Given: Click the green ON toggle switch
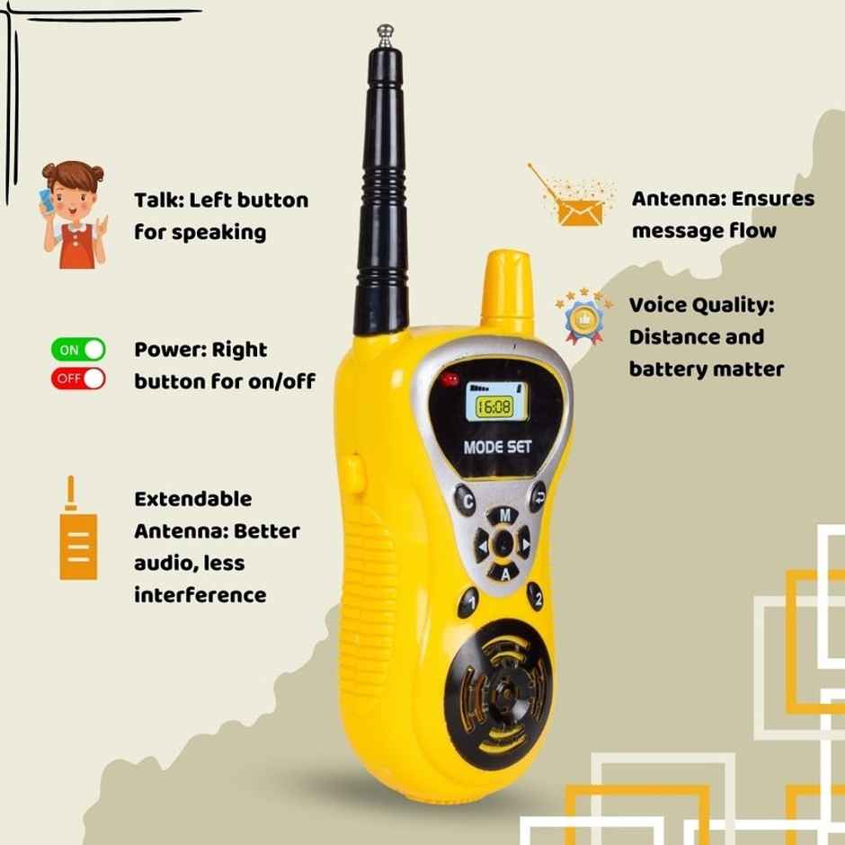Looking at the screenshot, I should (x=78, y=350).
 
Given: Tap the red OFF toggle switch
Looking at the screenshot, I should (x=78, y=378).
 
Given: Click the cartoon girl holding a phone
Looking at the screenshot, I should (x=74, y=215).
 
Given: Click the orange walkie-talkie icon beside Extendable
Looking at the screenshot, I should (x=77, y=537).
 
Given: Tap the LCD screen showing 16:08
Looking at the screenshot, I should (x=494, y=406).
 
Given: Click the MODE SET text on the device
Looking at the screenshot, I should (x=497, y=447).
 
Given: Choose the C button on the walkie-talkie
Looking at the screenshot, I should (x=465, y=497).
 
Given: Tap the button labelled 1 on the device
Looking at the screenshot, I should (x=468, y=600).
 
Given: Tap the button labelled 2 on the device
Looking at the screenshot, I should (x=536, y=596).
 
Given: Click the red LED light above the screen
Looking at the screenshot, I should (x=450, y=378).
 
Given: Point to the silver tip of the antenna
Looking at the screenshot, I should (x=386, y=35).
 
